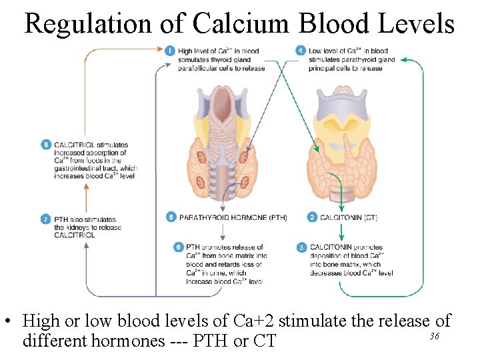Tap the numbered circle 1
pyautogui.click(x=170, y=51)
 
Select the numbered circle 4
pyautogui.click(x=301, y=51)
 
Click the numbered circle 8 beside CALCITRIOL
pyautogui.click(x=45, y=145)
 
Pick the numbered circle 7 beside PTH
pyautogui.click(x=45, y=219)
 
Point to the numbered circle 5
pyautogui.click(x=171, y=217)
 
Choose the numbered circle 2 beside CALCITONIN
pyautogui.click(x=312, y=217)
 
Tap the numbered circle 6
pyautogui.click(x=177, y=247)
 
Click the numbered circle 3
pyautogui.click(x=301, y=247)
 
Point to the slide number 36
pyautogui.click(x=434, y=336)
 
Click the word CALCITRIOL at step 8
pyautogui.click(x=73, y=145)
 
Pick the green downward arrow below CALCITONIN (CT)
pyautogui.click(x=341, y=231)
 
